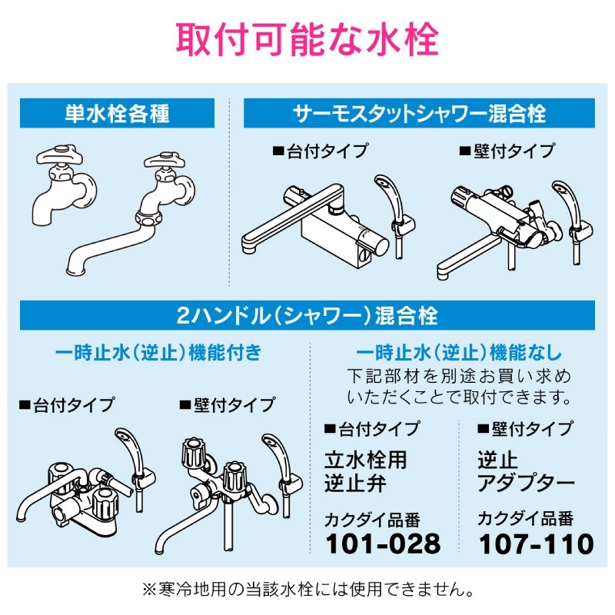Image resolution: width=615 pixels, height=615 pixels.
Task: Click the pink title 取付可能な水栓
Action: click(x=307, y=40)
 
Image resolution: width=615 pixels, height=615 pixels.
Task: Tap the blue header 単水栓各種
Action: click(x=117, y=114)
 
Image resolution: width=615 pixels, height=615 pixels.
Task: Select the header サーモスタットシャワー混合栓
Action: click(x=419, y=114)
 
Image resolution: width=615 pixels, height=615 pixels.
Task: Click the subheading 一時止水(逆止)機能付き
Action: click(x=159, y=353)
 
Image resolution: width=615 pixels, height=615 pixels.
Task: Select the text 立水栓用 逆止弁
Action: click(x=365, y=471)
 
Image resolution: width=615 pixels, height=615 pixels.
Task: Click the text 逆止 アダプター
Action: click(x=526, y=471)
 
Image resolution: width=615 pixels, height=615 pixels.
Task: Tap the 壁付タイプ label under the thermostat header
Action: click(x=507, y=151)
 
